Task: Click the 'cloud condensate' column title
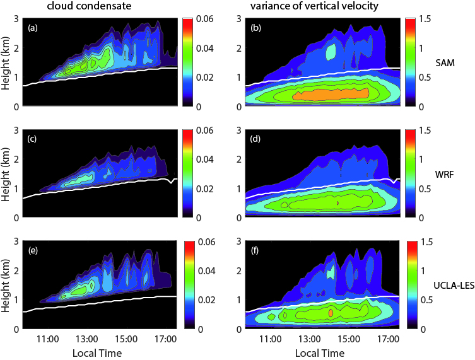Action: [x=86, y=7]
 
